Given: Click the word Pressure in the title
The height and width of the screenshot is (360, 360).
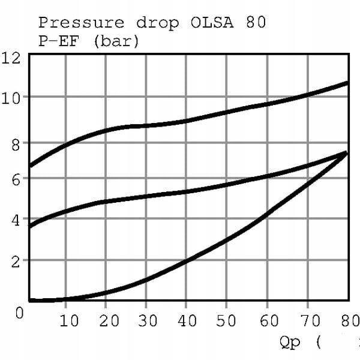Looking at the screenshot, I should (x=82, y=23).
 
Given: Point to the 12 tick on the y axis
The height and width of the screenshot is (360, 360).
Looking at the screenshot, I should (x=12, y=58).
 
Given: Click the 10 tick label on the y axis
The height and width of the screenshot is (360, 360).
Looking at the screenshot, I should (x=12, y=98).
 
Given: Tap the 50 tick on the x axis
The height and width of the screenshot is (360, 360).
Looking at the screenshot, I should (x=227, y=320).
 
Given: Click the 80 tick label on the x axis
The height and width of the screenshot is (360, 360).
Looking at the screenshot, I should (x=346, y=320).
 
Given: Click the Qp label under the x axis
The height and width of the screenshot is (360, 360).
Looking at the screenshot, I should (x=292, y=343).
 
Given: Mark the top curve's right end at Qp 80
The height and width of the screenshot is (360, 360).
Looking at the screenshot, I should (x=347, y=83).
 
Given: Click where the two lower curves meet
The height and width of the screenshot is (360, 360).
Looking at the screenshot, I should (x=346, y=153).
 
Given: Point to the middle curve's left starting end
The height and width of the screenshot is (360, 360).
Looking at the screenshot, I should (x=31, y=226).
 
